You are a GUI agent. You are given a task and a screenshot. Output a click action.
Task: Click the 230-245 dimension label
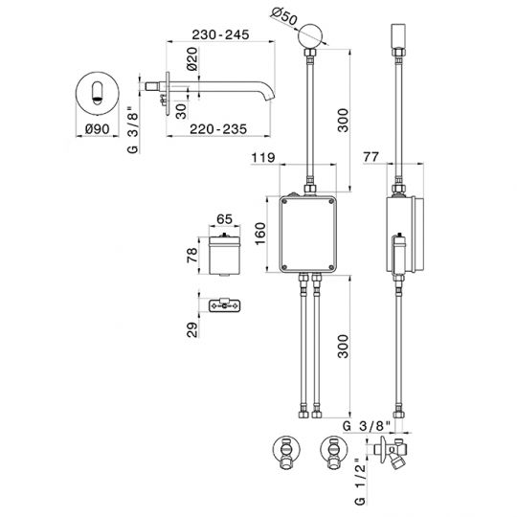(220, 34)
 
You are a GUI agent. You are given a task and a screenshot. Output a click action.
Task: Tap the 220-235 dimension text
(218, 129)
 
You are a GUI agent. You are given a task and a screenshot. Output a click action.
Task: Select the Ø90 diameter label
(97, 129)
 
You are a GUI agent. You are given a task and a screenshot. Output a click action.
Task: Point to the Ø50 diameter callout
(284, 16)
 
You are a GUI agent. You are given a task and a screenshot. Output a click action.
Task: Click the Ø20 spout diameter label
(192, 59)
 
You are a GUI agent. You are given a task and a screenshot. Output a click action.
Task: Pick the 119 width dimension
(263, 158)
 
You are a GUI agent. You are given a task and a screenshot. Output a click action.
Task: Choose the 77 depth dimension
(371, 157)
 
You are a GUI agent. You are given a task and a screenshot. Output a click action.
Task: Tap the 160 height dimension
(260, 234)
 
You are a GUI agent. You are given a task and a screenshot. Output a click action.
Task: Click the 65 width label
(225, 219)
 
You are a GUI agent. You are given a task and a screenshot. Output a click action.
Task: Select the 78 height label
(192, 255)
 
